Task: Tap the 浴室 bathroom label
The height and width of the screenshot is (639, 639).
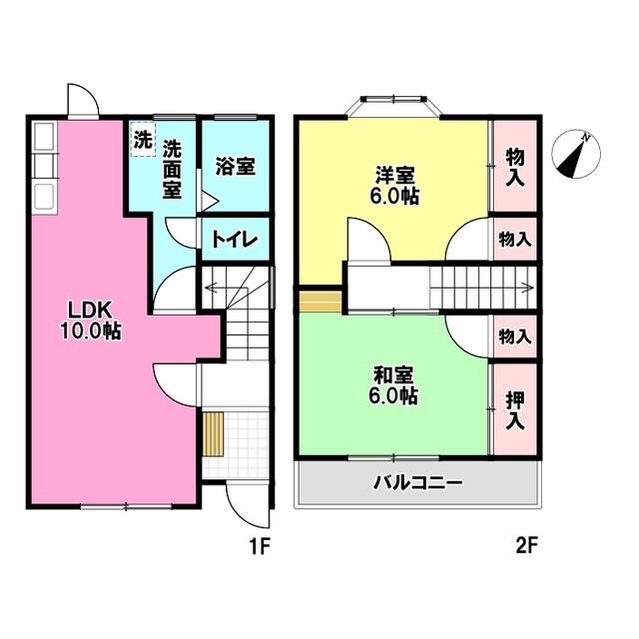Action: [236, 165]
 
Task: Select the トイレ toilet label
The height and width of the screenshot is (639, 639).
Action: [236, 241]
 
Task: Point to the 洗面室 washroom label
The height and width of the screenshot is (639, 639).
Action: [173, 167]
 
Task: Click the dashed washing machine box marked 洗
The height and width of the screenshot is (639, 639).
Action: [143, 139]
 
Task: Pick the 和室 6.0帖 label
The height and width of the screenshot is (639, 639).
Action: [395, 385]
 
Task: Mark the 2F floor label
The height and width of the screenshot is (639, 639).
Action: [526, 546]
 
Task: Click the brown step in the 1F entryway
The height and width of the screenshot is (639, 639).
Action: [213, 432]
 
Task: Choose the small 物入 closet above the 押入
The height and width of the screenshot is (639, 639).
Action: [514, 336]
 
